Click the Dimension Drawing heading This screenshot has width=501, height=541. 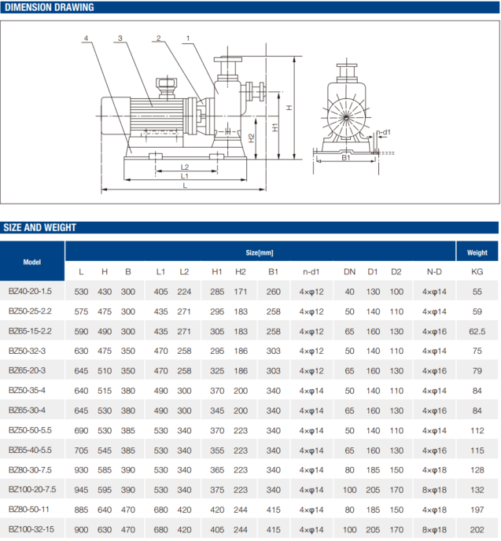pos(49,8)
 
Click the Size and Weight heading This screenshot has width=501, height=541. pos(40,227)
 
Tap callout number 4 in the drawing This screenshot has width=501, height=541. pos(85,38)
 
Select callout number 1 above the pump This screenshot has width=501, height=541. pos(189,38)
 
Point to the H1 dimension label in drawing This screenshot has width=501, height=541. pos(274,126)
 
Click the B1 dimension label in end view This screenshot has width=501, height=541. pos(346,157)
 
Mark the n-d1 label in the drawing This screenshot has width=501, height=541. pos(384,132)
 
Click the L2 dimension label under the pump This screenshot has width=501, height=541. pos(184,167)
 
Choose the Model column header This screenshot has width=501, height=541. pos(31,262)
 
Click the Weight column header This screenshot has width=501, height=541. pos(477,252)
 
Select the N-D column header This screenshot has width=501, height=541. pos(433,272)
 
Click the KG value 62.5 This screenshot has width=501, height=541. pos(477,331)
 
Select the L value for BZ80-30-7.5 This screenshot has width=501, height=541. pos(81,469)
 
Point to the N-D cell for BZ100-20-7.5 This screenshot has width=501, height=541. pos(433,489)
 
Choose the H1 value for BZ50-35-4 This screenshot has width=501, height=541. pos(217,390)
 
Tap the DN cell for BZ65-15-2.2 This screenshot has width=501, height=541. pos(349,331)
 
